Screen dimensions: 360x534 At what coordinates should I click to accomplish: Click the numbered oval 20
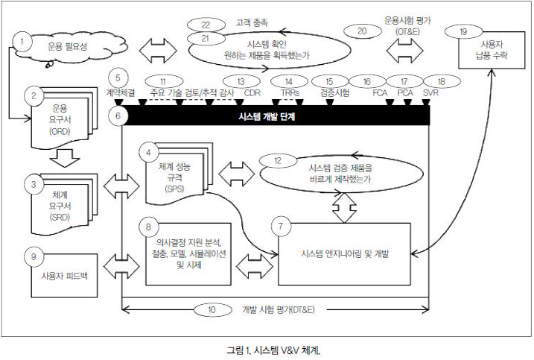362,31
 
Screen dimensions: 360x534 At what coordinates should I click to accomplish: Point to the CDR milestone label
253,93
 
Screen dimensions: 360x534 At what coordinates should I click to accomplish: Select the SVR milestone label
430,93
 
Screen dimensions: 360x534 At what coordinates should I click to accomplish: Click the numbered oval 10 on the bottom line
212,309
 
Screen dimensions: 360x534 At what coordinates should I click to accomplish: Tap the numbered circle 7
280,224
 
